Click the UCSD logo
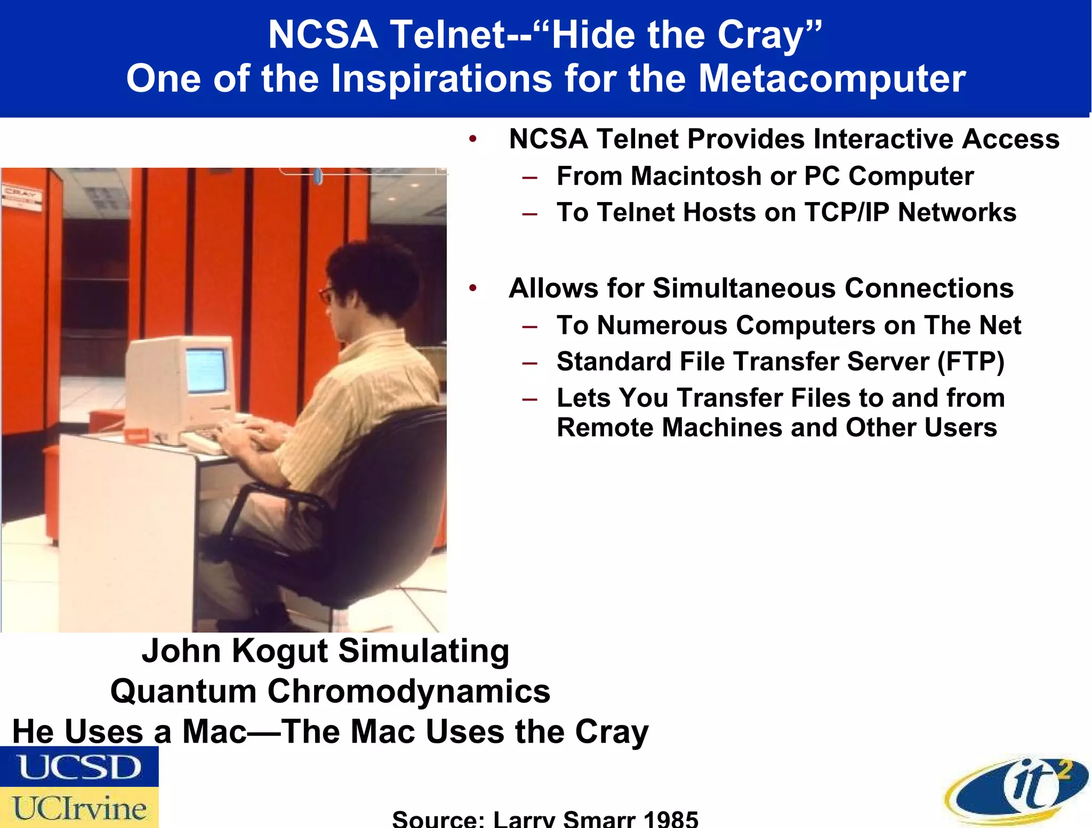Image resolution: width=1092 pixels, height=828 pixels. [x=79, y=767]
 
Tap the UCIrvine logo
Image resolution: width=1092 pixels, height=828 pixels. [x=79, y=807]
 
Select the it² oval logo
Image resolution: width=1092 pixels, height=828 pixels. [x=1017, y=791]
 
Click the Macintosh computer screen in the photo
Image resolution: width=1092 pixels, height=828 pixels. [x=206, y=369]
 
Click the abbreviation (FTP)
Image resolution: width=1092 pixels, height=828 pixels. [x=970, y=362]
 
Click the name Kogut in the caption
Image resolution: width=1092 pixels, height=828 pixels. [x=280, y=651]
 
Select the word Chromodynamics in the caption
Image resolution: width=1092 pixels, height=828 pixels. [x=408, y=691]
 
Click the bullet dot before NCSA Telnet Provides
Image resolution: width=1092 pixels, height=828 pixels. [x=472, y=140]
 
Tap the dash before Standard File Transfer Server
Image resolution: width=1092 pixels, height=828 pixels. [x=530, y=363]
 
